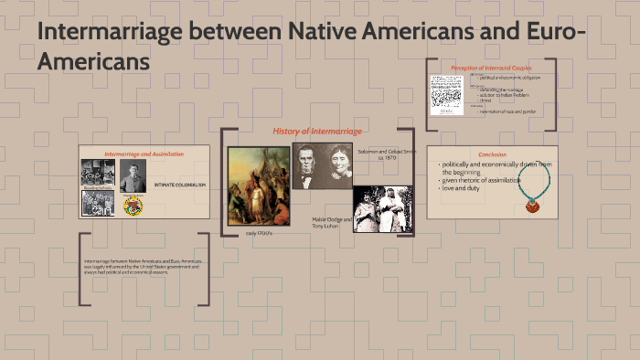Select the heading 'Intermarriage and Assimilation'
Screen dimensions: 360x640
pyautogui.click(x=144, y=154)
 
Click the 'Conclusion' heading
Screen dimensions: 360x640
pyautogui.click(x=492, y=154)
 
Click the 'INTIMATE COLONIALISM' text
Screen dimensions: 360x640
pyautogui.click(x=181, y=185)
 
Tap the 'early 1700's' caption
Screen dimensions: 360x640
pyautogui.click(x=259, y=233)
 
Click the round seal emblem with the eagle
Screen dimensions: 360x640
pyautogui.click(x=133, y=206)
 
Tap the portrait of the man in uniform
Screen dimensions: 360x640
pyautogui.click(x=133, y=178)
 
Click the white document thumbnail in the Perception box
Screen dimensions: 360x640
pyautogui.click(x=447, y=93)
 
